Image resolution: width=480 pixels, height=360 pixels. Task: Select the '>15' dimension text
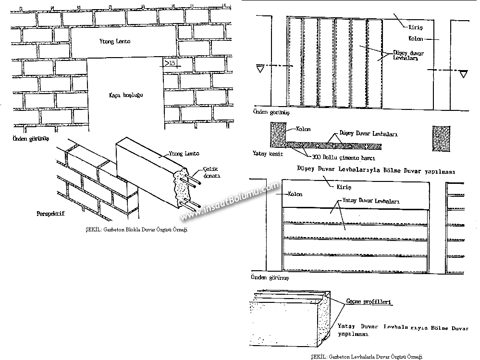coord(169,63)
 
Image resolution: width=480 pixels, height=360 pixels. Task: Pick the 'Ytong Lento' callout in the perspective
coord(184,154)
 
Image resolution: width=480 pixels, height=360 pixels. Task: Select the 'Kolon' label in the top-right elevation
coord(416,38)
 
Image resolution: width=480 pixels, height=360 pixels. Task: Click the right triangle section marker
coord(463,74)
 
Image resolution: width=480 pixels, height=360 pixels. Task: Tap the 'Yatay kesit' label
coord(267,154)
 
